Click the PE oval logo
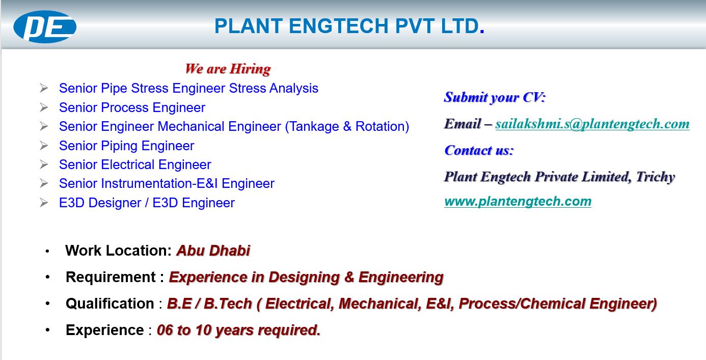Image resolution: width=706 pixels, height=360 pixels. click(45, 26)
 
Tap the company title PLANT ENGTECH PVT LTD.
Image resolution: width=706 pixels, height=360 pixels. click(349, 26)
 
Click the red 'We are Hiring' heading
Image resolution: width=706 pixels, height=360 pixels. click(228, 69)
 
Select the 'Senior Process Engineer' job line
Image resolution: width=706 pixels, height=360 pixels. click(132, 108)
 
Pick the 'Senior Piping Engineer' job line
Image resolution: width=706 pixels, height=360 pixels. click(127, 146)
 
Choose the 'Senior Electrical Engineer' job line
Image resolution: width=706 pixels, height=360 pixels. click(135, 165)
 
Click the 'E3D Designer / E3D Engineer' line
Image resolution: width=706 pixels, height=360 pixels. click(147, 203)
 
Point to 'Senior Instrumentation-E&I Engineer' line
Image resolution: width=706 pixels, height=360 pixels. click(167, 184)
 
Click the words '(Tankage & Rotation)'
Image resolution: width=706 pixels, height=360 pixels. click(347, 127)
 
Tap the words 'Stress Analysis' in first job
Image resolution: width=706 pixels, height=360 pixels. click(274, 88)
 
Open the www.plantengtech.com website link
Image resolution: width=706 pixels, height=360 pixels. click(518, 202)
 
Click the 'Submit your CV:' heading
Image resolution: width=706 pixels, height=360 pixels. click(495, 97)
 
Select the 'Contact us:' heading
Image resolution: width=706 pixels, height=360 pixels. click(479, 151)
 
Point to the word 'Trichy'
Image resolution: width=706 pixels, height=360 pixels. click(656, 177)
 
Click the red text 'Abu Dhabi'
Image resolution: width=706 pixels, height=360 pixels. click(213, 251)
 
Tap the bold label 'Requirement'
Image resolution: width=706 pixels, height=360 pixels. click(111, 277)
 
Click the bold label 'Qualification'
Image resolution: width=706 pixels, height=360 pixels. click(110, 303)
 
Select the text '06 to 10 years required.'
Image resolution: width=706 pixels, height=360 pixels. click(238, 330)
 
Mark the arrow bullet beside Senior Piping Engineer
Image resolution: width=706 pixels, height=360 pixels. click(44, 146)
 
